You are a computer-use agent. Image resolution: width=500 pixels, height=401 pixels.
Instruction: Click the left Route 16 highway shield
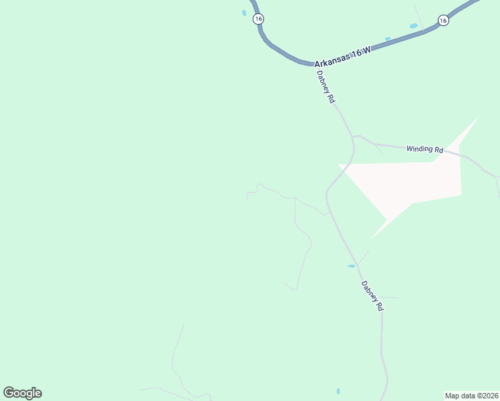click(258, 19)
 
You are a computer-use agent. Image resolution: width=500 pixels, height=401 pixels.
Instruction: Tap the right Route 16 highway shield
click(443, 21)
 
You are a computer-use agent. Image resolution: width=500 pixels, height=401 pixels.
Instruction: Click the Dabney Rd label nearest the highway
click(326, 87)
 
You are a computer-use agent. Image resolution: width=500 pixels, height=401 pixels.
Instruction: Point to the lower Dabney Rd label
click(372, 296)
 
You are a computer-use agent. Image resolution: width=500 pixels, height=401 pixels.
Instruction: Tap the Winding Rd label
click(424, 149)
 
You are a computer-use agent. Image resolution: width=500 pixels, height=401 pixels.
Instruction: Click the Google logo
click(22, 393)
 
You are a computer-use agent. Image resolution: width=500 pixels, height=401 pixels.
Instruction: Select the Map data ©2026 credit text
click(471, 395)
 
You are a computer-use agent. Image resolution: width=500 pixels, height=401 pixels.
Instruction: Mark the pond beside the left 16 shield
click(244, 12)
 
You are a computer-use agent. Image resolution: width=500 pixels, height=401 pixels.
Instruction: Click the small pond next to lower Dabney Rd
click(351, 266)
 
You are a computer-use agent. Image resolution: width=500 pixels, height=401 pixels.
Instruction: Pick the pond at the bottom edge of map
click(338, 391)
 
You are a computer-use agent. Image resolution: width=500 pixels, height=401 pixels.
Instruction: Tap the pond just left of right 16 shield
click(413, 26)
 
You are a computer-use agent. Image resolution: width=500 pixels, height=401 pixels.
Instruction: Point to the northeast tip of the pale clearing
click(477, 119)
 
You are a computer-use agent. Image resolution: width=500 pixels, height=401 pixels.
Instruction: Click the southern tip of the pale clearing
click(372, 238)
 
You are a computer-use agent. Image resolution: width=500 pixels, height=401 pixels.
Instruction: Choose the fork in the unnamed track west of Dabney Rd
click(295, 198)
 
